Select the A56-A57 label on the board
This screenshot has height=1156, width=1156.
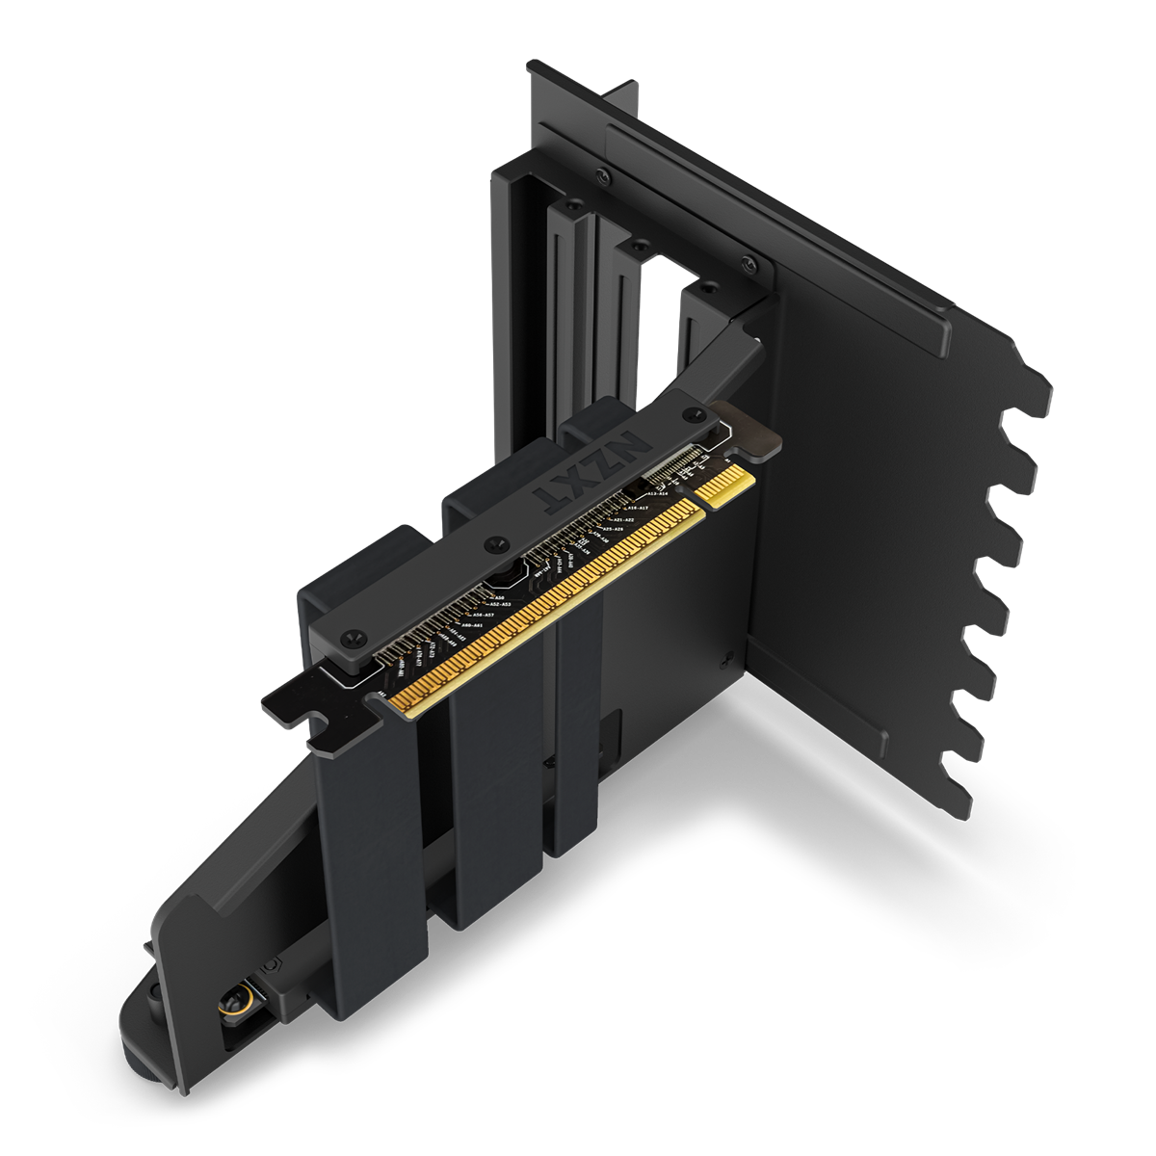pos(480,615)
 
